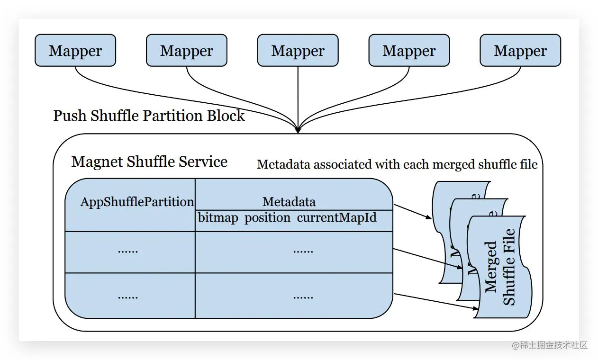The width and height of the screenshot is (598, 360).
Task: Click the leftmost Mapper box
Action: pyautogui.click(x=75, y=50)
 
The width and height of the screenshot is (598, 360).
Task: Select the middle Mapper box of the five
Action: pyautogui.click(x=298, y=50)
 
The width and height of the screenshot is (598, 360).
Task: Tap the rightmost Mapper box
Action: pyautogui.click(x=520, y=50)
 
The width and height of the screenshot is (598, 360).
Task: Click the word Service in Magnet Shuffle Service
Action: pyautogui.click(x=202, y=162)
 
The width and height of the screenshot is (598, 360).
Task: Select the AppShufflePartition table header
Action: pyautogui.click(x=137, y=202)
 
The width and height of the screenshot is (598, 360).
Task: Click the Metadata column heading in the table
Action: pyautogui.click(x=289, y=202)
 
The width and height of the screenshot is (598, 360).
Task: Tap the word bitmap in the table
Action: pyautogui.click(x=218, y=218)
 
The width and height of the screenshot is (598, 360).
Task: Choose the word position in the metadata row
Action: pyautogui.click(x=267, y=218)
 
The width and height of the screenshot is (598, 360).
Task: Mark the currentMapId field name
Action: pyautogui.click(x=337, y=218)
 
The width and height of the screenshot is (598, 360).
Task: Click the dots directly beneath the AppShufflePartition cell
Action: pyautogui.click(x=128, y=251)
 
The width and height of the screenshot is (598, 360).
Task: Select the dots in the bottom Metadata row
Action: pyautogui.click(x=303, y=297)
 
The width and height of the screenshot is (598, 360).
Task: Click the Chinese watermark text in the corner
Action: pyautogui.click(x=550, y=345)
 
